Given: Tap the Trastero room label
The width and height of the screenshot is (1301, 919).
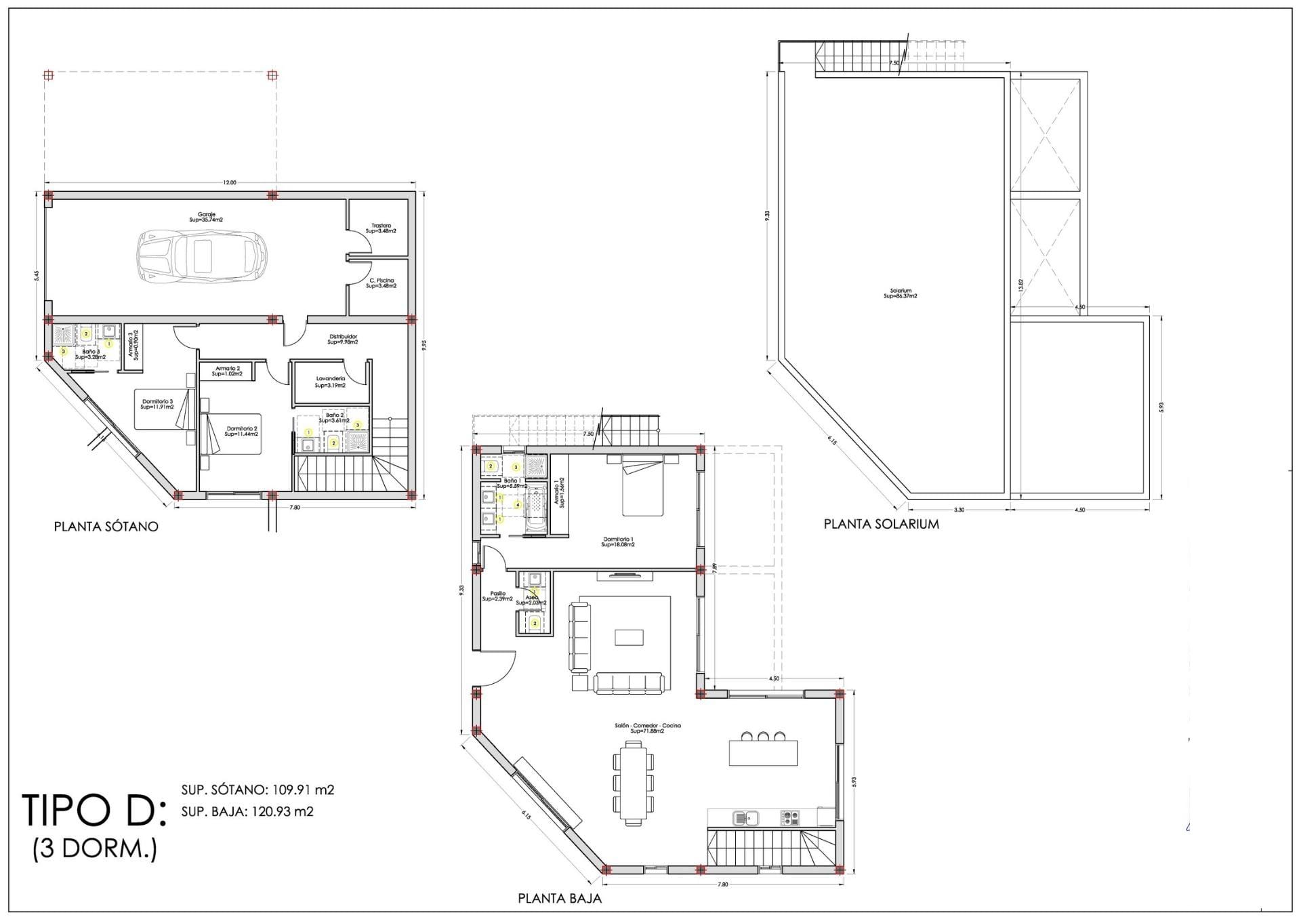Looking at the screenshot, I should coord(381,228).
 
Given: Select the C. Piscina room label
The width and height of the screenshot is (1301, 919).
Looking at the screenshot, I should coord(381,283).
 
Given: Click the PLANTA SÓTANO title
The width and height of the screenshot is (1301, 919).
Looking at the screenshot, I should coord(106,527).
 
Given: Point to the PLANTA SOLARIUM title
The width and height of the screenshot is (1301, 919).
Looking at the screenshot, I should coord(881,524).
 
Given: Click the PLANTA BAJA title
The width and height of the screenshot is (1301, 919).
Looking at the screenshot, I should coord(560,899).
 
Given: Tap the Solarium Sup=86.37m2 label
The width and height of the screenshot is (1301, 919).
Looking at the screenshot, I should coord(901,293).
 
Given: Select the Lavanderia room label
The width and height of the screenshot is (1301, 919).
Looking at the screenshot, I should coord(331,382).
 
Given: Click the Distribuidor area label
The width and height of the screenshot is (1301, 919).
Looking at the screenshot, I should coord(343,339).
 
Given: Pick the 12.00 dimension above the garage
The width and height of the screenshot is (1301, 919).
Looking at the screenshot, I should coord(230,182).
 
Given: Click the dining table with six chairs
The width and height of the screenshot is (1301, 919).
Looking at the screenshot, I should coord(634,783).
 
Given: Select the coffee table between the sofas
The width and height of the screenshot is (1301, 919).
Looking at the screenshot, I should coord(629,637).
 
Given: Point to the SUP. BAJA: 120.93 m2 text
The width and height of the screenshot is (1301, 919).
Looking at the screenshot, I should coord(247,811).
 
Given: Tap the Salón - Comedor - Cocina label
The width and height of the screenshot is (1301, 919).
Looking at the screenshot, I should coord(647,728).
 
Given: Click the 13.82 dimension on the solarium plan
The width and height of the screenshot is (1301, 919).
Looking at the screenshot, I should coord(1021,285).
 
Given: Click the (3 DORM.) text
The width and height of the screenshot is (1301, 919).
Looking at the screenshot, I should coord(95,849).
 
